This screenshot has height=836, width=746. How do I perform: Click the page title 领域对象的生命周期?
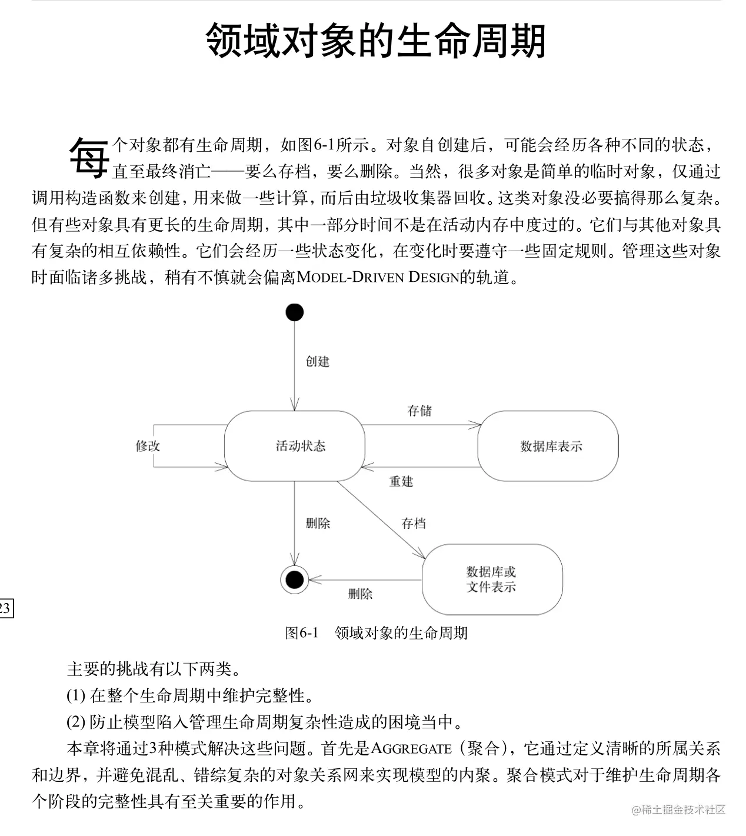[376, 41]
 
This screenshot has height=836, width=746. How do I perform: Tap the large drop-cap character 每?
[89, 158]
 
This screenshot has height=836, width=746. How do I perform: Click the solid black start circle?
[294, 312]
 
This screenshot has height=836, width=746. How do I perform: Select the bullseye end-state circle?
[294, 580]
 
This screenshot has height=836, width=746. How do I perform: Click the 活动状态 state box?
[295, 445]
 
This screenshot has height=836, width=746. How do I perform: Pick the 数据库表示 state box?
[548, 446]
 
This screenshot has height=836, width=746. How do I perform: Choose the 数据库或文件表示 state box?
[492, 579]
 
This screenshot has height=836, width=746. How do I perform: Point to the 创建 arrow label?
[318, 361]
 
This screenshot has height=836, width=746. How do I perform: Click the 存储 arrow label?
[419, 411]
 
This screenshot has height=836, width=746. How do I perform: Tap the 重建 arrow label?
[401, 481]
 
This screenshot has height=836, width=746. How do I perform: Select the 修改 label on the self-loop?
[148, 446]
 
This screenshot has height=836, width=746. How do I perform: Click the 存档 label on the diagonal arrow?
[414, 523]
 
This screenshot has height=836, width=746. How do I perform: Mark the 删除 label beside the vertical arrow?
[318, 523]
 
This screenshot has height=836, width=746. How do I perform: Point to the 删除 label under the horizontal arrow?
[360, 594]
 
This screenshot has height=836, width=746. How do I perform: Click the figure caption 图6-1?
[301, 633]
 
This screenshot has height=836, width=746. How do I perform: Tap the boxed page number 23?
[5, 608]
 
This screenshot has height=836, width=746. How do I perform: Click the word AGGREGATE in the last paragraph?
[411, 748]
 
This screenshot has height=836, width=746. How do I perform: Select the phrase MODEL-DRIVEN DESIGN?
[378, 277]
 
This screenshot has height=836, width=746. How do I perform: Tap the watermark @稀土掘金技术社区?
[678, 810]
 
